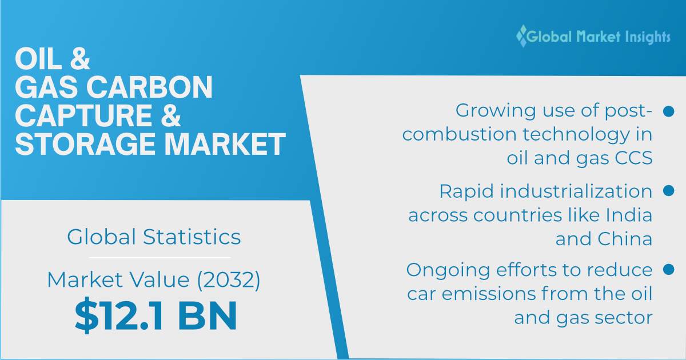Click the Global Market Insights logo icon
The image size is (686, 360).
click(521, 36)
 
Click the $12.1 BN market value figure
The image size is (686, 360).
click(155, 317)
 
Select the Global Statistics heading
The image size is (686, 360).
click(154, 237)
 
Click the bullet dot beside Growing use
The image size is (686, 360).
click(667, 111)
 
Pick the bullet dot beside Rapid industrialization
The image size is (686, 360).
click(667, 190)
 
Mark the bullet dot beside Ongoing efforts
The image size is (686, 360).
click(667, 269)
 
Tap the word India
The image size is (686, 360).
click(631, 215)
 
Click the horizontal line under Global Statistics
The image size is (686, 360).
click(154, 258)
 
